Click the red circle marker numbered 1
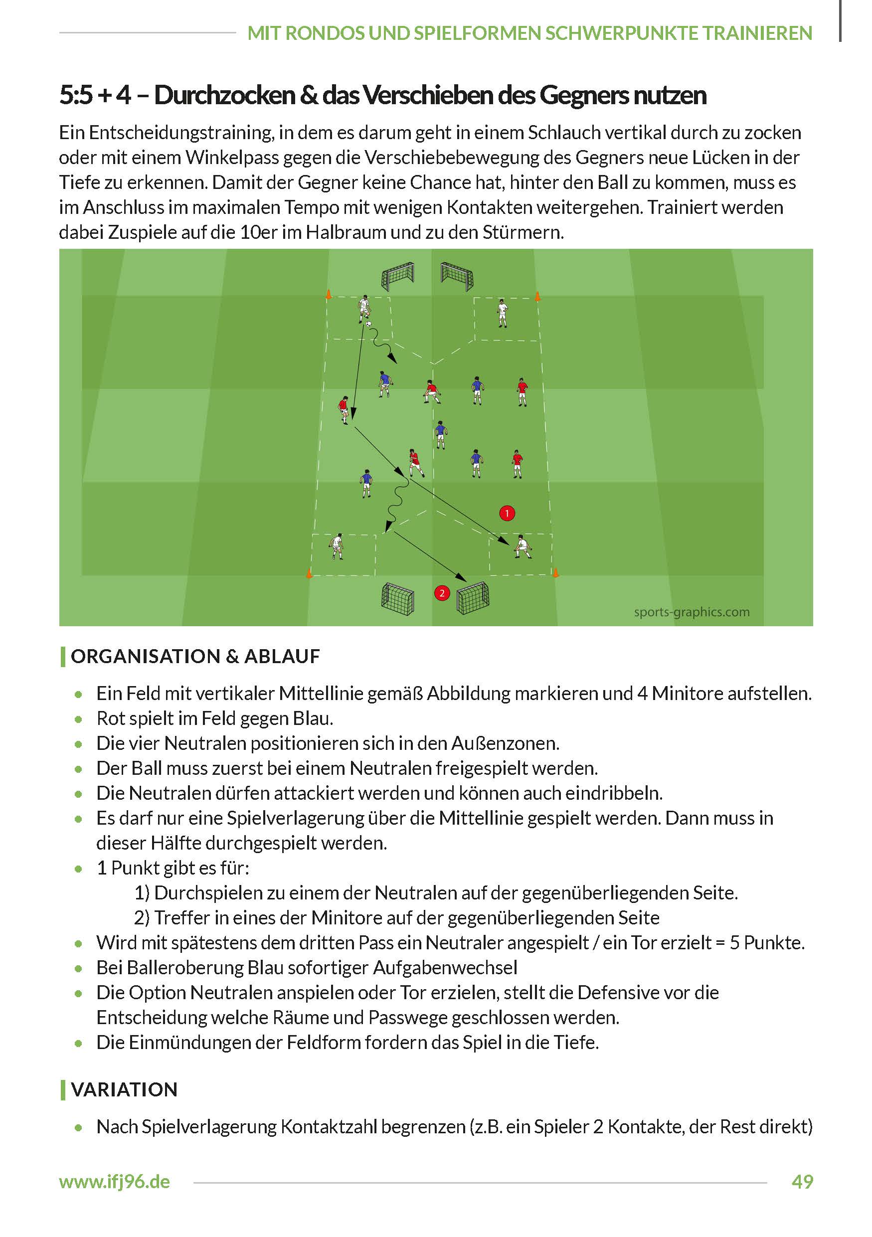(507, 513)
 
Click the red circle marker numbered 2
(442, 593)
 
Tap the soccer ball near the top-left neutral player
(368, 324)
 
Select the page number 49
(802, 1182)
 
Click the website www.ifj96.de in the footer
(115, 1182)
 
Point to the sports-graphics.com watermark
(692, 612)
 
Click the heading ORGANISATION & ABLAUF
(195, 656)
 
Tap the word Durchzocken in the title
(224, 95)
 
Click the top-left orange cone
(328, 294)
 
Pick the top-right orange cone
(537, 296)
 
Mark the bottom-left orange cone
(309, 573)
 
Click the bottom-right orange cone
(555, 573)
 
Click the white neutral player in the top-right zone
(502, 314)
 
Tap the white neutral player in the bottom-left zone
(337, 546)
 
